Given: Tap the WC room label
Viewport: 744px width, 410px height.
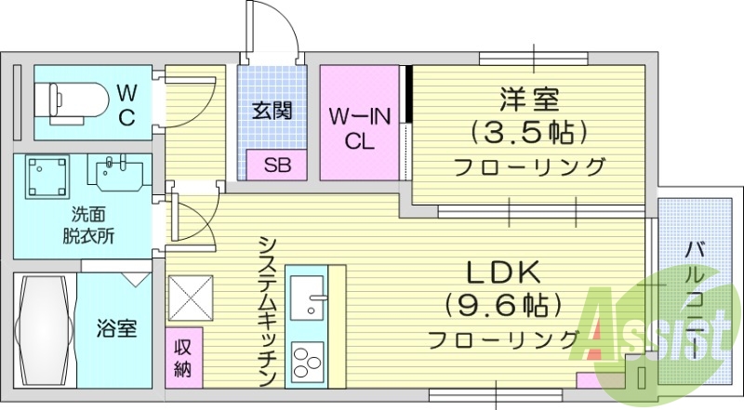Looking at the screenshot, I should [127, 104].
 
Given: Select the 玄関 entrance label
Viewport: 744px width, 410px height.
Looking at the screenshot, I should [273, 111].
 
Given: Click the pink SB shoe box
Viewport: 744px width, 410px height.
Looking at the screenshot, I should [276, 165].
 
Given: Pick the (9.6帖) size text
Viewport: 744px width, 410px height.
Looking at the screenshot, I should [503, 304].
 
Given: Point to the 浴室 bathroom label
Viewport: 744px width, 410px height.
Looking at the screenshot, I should [116, 328].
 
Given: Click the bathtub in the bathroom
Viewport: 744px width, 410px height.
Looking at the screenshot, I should [44, 330].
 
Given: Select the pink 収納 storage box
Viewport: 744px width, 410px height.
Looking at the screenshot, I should [183, 355].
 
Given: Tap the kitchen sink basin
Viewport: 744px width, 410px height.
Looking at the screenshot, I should [306, 301].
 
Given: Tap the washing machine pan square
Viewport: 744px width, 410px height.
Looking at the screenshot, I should [47, 177].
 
